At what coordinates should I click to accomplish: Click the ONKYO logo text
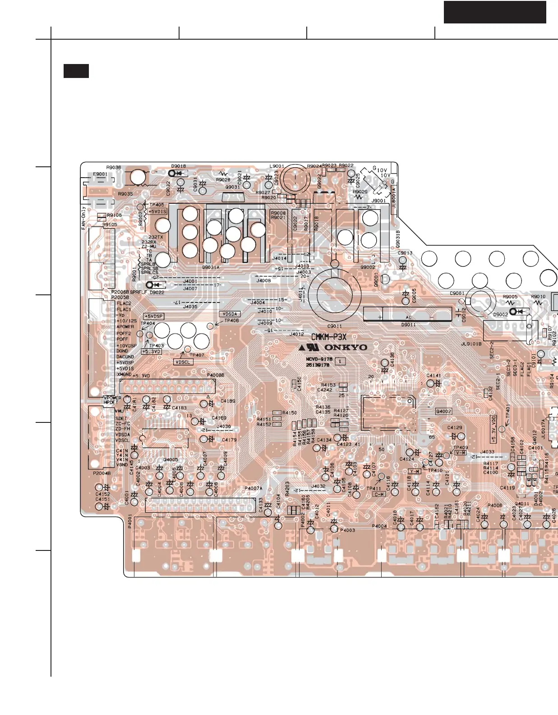pos(346,348)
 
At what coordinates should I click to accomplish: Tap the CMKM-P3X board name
pos(329,337)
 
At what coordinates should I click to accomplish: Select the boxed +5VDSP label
pos(153,316)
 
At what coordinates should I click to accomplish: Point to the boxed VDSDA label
pos(230,314)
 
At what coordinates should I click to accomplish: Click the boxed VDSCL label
pos(183,362)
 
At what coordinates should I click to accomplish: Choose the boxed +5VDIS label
pos(157,211)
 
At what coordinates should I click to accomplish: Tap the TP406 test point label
pos(231,321)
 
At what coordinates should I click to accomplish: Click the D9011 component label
pos(408,325)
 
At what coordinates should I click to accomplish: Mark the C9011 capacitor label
pos(334,326)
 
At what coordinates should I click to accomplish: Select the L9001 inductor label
pos(277,166)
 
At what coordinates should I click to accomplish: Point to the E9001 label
pos(100,174)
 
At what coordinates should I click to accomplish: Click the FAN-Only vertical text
pos(83,218)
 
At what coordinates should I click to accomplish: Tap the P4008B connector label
pos(216,375)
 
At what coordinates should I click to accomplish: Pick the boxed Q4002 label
pos(443,411)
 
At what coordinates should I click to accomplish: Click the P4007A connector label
pos(253,488)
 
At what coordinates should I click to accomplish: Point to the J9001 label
pos(378,201)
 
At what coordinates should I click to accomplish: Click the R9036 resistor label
pos(114,168)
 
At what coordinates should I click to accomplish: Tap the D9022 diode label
pos(157,292)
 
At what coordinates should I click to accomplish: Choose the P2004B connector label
pos(101,473)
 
